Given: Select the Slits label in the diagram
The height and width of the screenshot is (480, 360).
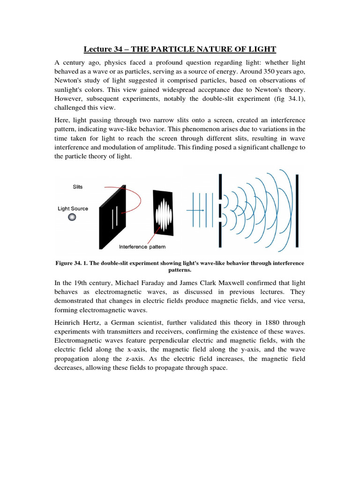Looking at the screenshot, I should pyautogui.click(x=78, y=187).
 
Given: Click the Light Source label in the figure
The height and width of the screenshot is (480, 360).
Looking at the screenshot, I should pyautogui.click(x=73, y=209).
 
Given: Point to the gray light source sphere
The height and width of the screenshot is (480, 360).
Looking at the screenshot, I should pyautogui.click(x=72, y=217).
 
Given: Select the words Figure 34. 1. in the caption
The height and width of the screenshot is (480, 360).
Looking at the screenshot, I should pyautogui.click(x=71, y=263).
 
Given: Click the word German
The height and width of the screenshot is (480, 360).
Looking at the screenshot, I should pyautogui.click(x=118, y=322).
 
